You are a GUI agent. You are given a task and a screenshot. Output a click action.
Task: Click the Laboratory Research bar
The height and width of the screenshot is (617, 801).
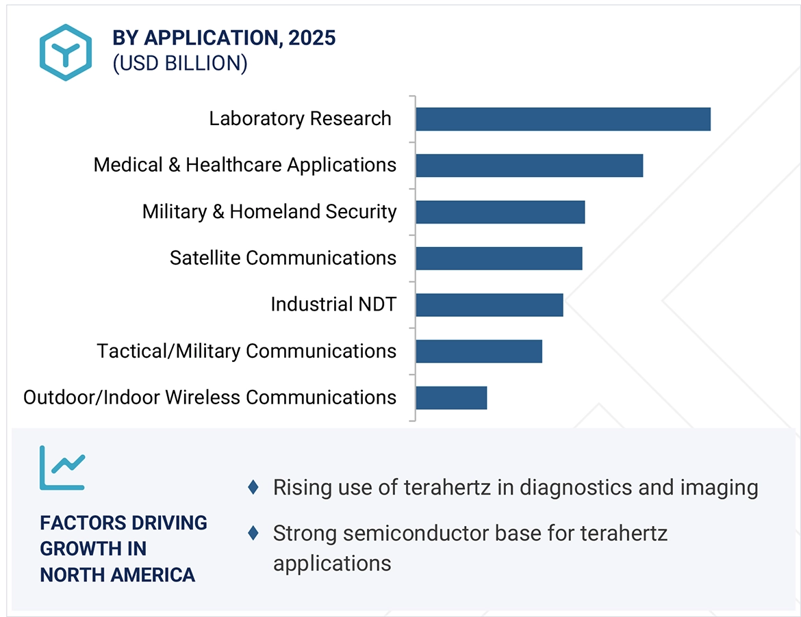point(563,119)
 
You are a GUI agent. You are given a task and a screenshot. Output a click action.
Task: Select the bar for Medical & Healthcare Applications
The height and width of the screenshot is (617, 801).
point(529,166)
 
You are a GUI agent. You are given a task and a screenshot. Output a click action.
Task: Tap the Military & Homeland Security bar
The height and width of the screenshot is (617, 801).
point(500,212)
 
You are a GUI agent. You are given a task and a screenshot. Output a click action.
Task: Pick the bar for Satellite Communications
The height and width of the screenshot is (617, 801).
point(498,259)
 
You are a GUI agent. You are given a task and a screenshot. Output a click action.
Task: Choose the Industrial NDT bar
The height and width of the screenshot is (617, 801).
point(489,305)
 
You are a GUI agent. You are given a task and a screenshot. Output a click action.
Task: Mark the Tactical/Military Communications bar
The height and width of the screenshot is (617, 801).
point(479,352)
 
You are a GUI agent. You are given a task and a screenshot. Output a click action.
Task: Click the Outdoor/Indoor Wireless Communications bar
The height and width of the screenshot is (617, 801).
point(451,398)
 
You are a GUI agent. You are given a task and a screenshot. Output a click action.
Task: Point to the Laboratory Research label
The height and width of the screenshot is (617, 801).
point(300,118)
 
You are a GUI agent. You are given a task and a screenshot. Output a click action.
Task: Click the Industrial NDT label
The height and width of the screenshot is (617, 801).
point(333,304)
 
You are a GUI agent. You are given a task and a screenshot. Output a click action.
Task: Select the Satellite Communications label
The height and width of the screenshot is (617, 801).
point(283,258)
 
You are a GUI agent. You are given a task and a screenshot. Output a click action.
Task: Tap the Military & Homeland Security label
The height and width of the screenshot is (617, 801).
point(269,211)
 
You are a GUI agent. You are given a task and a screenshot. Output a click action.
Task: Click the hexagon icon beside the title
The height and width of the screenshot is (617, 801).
point(65,53)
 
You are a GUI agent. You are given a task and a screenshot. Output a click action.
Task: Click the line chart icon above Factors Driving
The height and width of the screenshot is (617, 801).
point(62,468)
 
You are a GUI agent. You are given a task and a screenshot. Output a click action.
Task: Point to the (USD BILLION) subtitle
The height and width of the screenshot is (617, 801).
point(179,63)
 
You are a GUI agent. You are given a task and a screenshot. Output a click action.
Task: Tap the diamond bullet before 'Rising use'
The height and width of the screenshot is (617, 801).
point(253,488)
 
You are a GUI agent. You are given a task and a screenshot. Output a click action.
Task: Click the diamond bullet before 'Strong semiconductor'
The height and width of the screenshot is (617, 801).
point(253,533)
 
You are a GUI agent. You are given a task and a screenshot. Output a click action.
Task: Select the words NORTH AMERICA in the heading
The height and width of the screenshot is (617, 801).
point(117,575)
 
